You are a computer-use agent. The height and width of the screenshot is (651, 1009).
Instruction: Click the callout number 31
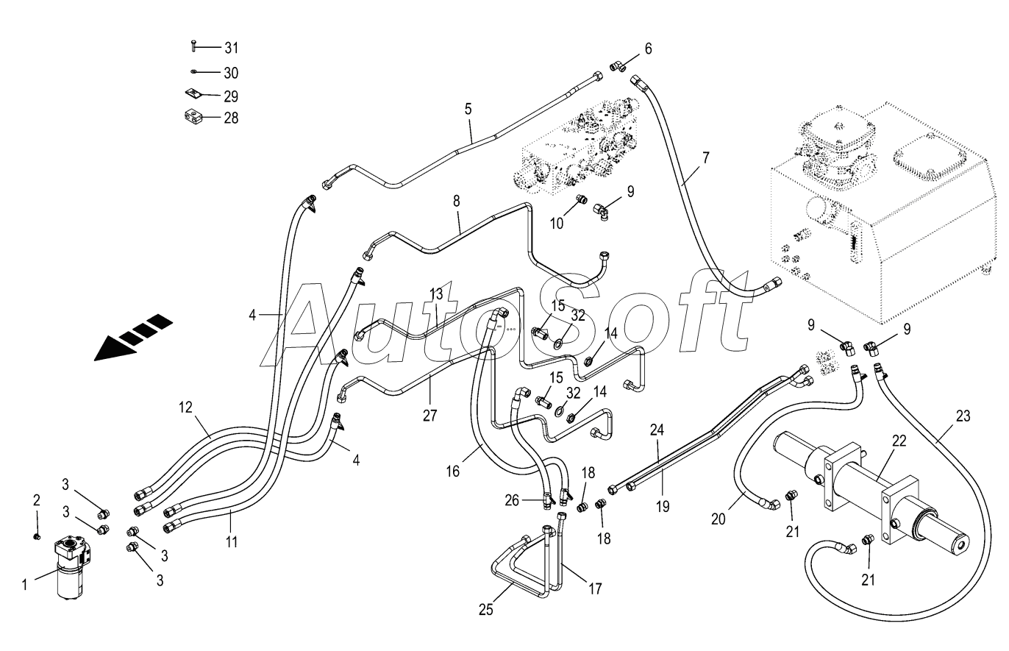point(231,47)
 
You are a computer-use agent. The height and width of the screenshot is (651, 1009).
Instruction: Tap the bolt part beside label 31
point(193,46)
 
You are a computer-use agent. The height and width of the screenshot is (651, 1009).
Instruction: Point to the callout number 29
point(231,96)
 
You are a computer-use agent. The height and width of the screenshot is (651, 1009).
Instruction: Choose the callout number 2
point(37,500)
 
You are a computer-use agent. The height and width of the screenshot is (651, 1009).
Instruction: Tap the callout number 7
point(705,157)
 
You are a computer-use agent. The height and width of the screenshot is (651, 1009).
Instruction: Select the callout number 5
point(468,109)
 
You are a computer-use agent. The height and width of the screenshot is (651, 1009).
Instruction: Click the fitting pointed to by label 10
point(582,199)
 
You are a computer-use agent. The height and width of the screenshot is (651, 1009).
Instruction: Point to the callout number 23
point(963,416)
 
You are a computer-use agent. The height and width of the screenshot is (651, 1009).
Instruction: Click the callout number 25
point(485,610)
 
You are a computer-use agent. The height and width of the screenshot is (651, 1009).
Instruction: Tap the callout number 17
point(595,588)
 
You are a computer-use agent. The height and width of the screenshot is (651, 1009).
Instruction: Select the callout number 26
point(512,500)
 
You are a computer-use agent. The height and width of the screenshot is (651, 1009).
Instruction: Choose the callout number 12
point(185,407)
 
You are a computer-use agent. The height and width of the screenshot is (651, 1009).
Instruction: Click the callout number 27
point(429,415)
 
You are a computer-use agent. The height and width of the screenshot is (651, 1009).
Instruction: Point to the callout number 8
point(456,201)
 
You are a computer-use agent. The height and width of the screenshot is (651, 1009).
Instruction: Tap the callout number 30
point(231,73)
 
